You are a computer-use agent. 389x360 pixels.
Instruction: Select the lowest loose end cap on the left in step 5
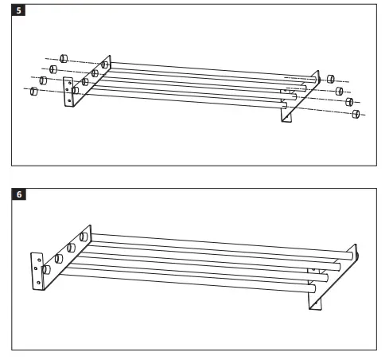point(33,92)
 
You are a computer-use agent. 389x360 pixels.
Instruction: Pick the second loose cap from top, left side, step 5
point(54,69)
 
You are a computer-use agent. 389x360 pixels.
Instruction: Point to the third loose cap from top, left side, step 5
point(44,80)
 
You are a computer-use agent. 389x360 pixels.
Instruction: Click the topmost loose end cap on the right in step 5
point(329,79)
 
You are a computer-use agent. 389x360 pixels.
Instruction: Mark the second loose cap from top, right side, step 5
point(338,90)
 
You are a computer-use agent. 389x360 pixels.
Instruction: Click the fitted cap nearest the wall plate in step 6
point(47,271)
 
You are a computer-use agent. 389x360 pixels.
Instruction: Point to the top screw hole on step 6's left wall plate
point(35,260)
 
